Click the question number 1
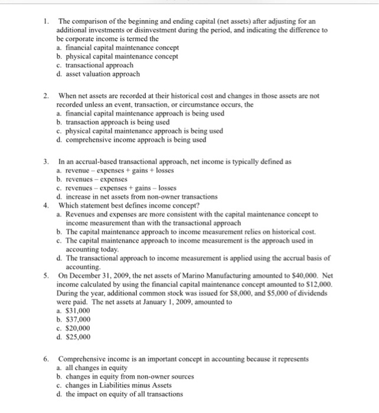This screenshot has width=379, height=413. click(47, 21)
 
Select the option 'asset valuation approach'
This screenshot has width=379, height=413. click(102, 74)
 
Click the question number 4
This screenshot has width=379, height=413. click(46, 205)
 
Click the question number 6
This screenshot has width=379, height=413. click(46, 359)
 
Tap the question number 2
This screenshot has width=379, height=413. click(46, 96)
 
